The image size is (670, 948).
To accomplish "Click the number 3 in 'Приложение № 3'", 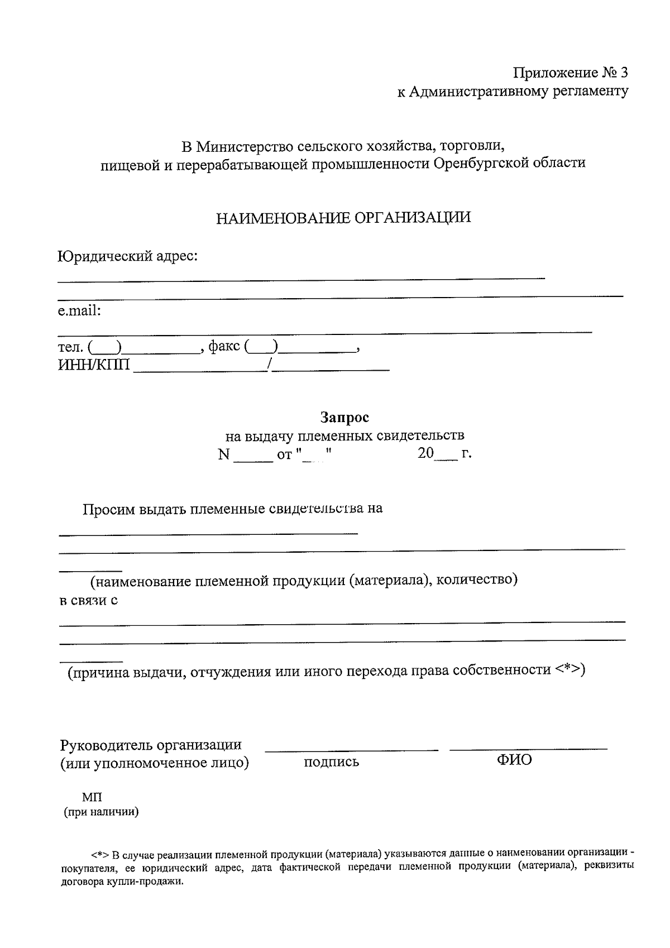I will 624,73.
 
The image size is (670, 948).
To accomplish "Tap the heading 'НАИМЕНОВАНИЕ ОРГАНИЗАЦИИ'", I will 343,218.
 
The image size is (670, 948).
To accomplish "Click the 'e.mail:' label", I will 79,311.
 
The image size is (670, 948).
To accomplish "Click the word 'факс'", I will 224,346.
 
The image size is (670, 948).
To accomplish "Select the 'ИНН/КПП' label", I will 94,365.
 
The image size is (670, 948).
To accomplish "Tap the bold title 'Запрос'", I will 344,417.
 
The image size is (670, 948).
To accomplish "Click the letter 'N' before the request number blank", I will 224,454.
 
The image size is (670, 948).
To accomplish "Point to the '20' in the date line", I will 425,453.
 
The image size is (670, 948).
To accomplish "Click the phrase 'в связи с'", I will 88,601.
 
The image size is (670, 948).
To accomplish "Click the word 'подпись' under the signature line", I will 331,762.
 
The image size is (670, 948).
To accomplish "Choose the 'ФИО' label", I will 514,760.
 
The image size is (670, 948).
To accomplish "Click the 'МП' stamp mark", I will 92,797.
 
